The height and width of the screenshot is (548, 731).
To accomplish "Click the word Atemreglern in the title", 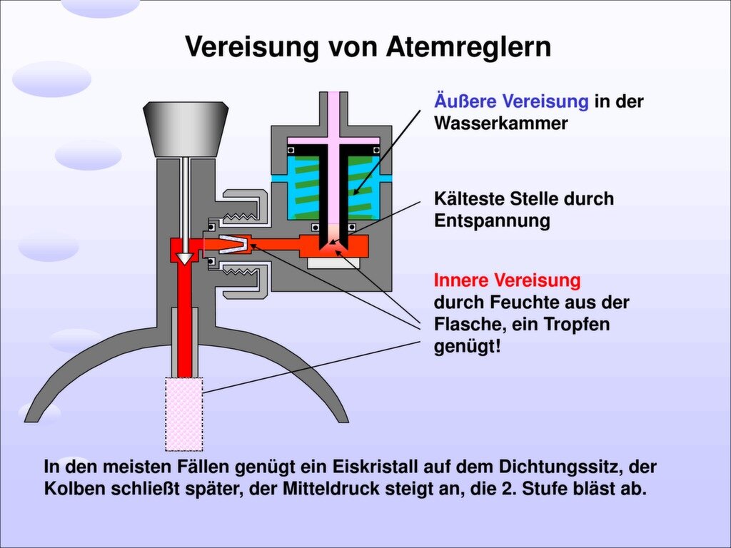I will coord(469,47).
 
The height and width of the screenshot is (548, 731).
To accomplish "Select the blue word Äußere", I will coord(464,101).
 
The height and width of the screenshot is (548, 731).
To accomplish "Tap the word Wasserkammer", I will coord(501,123).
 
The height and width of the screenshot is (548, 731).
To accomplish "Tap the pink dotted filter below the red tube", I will coord(184,414).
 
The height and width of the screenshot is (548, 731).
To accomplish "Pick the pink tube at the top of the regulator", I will coord(333,114).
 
